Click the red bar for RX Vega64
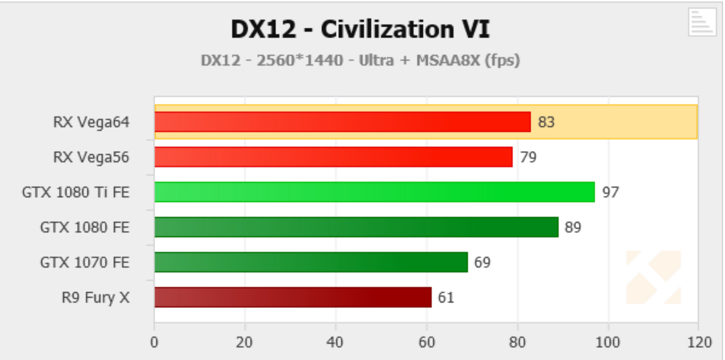point(342,122)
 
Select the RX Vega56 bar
point(333,157)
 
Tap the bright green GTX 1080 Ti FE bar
point(374,192)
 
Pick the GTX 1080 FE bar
point(356,227)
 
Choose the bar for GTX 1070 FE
point(311,262)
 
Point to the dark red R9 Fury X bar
point(293,297)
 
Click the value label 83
point(546,122)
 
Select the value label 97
point(610,192)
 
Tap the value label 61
point(446,297)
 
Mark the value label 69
point(482,262)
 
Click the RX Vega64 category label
point(91,122)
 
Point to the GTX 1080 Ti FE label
point(76,193)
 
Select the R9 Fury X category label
point(96,297)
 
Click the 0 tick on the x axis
point(154,342)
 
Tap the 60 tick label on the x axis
point(427,342)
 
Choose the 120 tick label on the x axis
point(697,342)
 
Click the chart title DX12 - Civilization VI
point(361,30)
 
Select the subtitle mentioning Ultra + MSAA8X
point(360,60)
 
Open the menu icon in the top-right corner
point(702,23)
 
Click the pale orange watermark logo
point(653,277)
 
